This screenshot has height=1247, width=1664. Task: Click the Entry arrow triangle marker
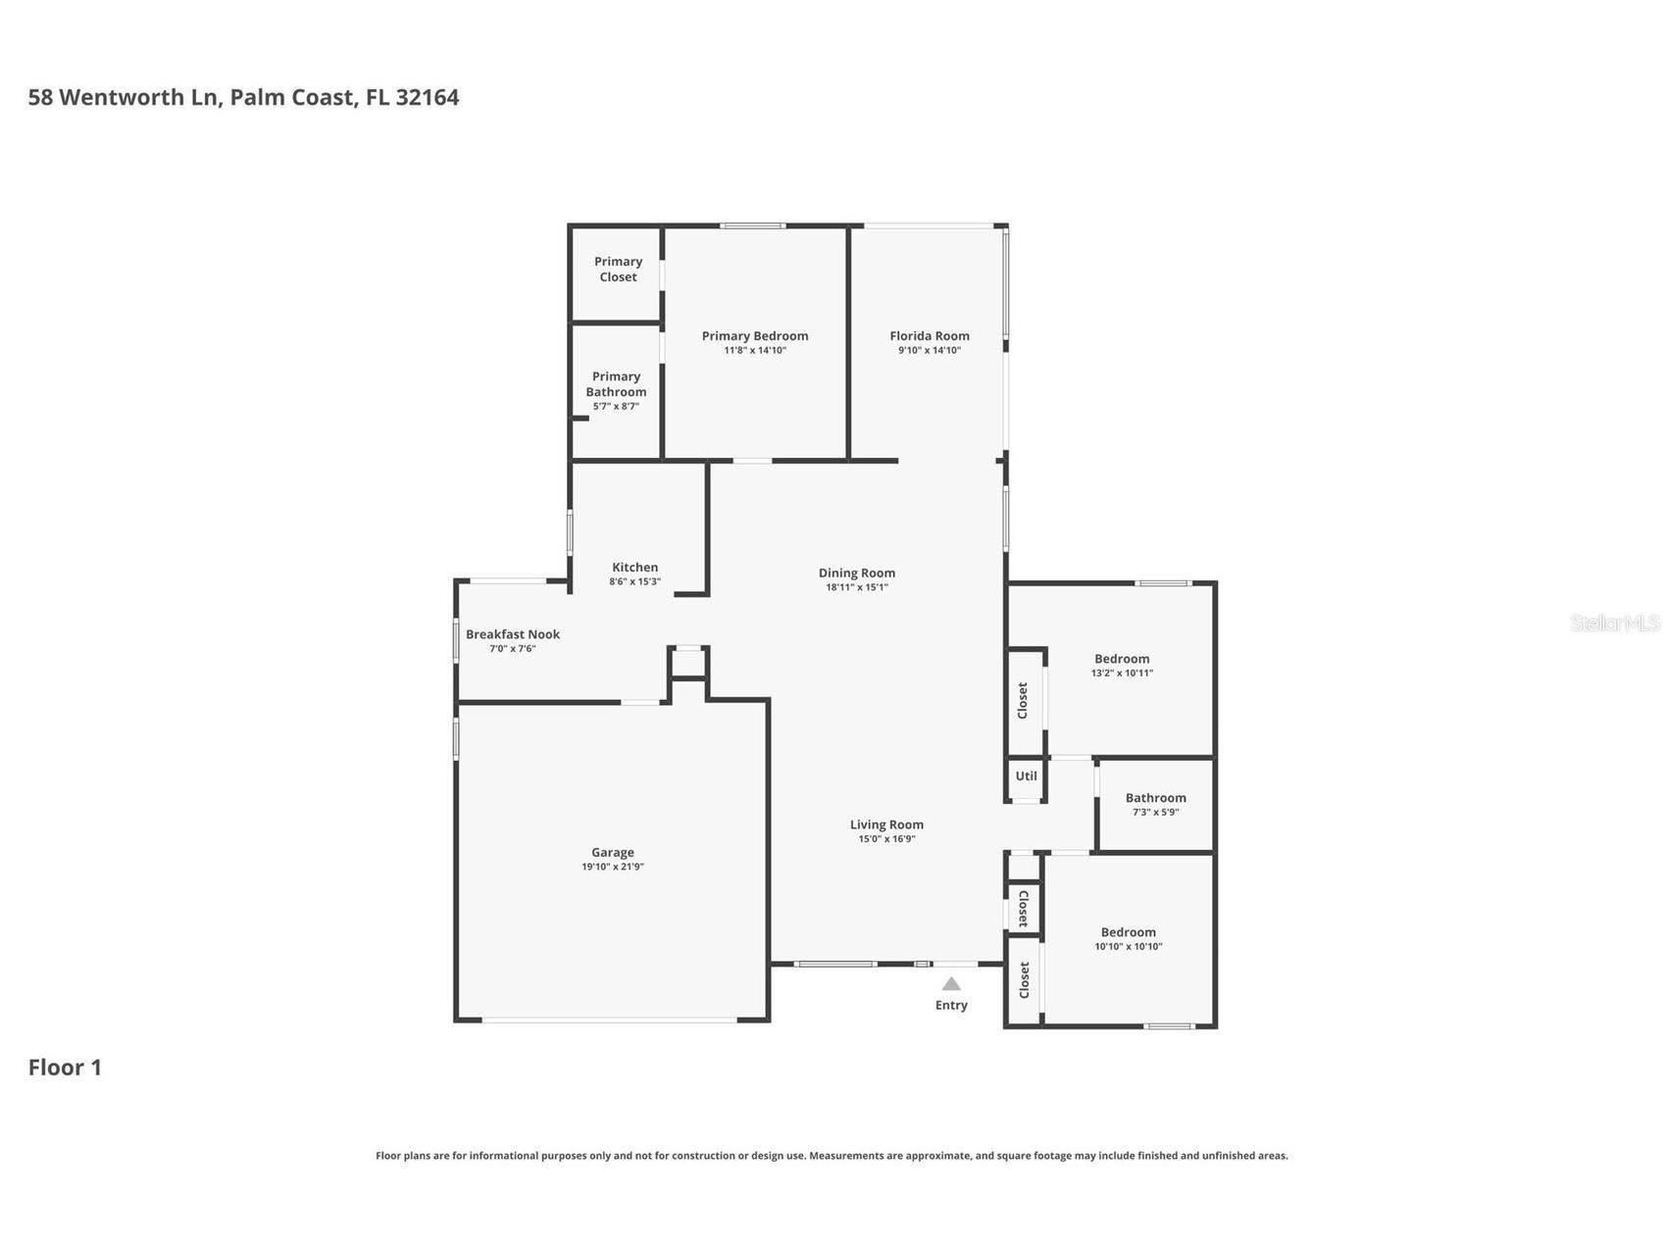point(951,983)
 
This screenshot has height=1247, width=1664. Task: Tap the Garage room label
point(612,852)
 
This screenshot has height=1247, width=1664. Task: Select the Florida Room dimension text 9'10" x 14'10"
point(929,350)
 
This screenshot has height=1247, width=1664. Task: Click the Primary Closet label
point(618,269)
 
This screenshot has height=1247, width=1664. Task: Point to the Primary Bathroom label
point(616,383)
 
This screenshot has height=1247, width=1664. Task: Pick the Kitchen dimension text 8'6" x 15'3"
point(634,581)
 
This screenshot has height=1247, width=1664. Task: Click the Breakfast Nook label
point(512,634)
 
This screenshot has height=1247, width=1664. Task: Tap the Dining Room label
point(856,573)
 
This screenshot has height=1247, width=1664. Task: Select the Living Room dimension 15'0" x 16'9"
point(886,838)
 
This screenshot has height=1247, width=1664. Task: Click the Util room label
point(1026,775)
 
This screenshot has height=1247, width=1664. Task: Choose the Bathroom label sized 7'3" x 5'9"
point(1155,798)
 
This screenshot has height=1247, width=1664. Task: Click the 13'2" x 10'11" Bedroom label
point(1122,659)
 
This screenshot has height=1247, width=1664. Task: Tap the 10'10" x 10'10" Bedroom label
point(1128,932)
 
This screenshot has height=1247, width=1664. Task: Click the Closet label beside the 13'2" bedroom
point(1023,701)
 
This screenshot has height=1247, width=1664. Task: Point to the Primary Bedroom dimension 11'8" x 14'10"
point(755,350)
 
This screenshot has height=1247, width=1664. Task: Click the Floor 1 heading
point(65,1067)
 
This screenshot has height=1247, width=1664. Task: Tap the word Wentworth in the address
point(122,97)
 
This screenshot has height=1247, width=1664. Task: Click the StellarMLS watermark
point(1614,623)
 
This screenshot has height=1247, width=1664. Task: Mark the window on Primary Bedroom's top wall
point(752,226)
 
